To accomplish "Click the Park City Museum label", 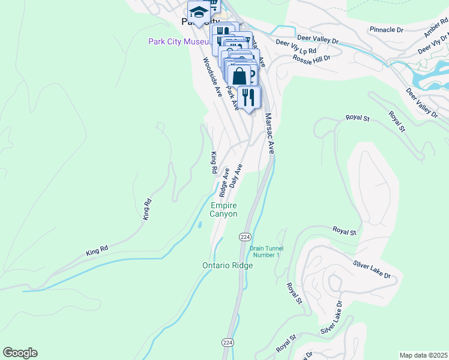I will [179, 41].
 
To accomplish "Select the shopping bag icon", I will [240, 76].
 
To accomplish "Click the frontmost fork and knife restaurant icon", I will [249, 96].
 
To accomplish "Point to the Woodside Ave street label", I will [212, 77].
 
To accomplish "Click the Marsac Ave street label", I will [270, 134].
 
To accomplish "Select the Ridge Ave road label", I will [224, 183].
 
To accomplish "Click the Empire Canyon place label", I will [223, 210].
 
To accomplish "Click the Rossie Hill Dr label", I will [312, 58].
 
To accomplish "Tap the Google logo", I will [20, 353].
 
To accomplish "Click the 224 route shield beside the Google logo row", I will [228, 341].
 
